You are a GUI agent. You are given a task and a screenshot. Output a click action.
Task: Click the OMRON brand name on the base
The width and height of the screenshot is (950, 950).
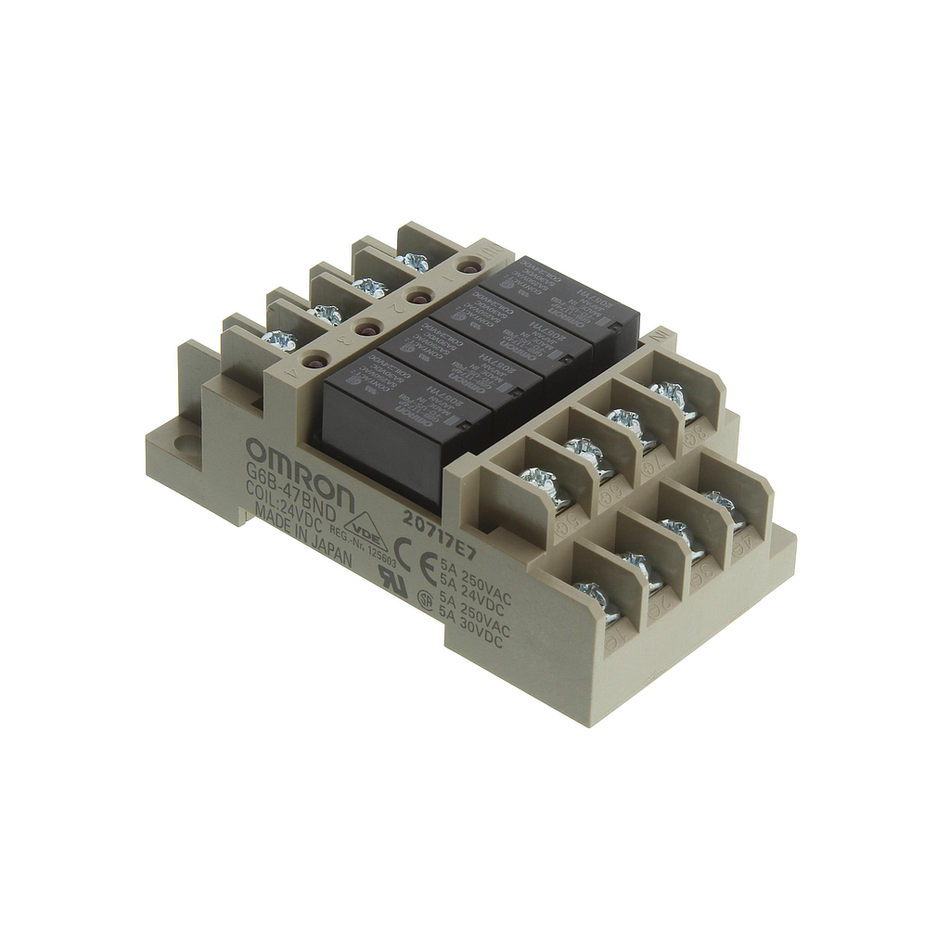point(300,474)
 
